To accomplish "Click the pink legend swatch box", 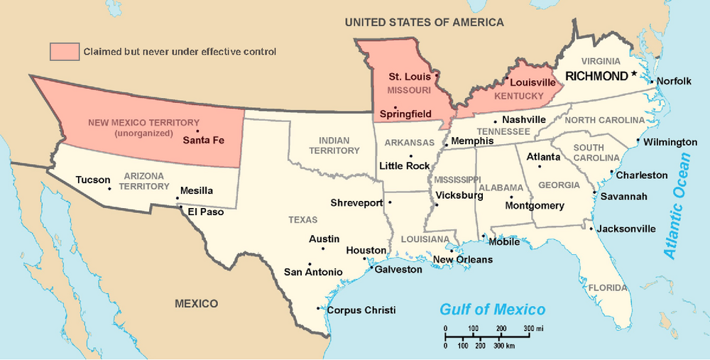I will [64, 52].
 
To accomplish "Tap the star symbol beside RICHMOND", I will [634, 75].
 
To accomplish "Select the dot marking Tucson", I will [109, 189].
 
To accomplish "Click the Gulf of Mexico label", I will [492, 310].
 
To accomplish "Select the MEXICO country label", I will [197, 304].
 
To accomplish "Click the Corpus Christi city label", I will [361, 310].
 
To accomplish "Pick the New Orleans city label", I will [462, 260].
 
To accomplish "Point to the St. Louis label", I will [410, 76].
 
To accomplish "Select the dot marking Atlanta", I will [540, 167].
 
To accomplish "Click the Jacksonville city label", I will [626, 229].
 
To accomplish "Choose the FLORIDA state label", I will [607, 288].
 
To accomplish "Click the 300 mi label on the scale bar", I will [533, 329].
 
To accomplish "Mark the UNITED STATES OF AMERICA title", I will [424, 22].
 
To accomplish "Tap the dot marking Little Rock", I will [410, 156].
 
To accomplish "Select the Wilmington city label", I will [671, 142].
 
